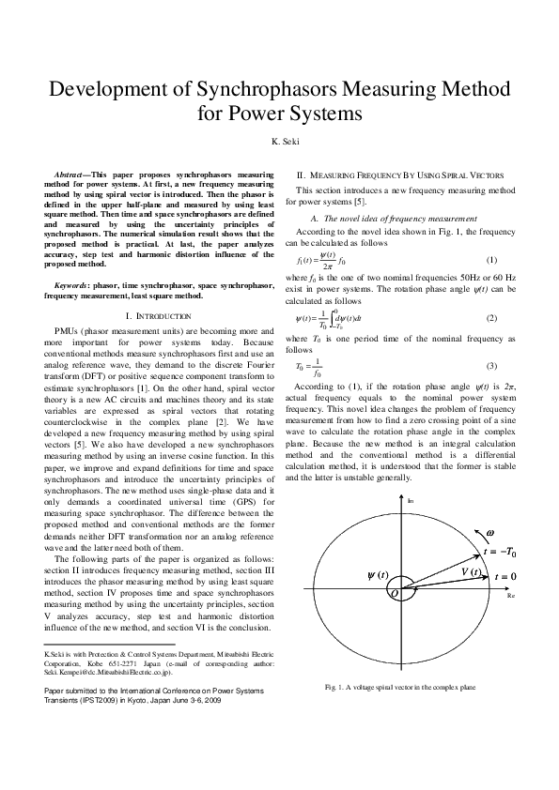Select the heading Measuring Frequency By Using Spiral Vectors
coord(406,175)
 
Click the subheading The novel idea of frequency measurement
coord(394,218)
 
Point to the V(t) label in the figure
coord(471,571)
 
